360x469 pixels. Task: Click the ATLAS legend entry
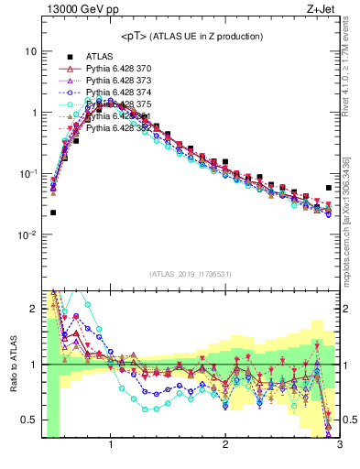tap(100, 57)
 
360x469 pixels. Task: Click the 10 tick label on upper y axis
tap(30, 52)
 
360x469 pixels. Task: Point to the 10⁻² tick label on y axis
tap(27, 235)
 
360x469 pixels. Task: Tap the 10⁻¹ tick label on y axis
tap(27, 174)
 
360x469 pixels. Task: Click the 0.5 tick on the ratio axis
tap(28, 420)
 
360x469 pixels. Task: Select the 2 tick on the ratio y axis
tap(33, 309)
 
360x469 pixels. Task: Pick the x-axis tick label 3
tap(339, 448)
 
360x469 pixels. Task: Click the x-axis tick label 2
tap(225, 448)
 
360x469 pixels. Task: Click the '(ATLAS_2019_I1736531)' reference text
tap(191, 273)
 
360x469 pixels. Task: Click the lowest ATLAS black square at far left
tap(52, 213)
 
